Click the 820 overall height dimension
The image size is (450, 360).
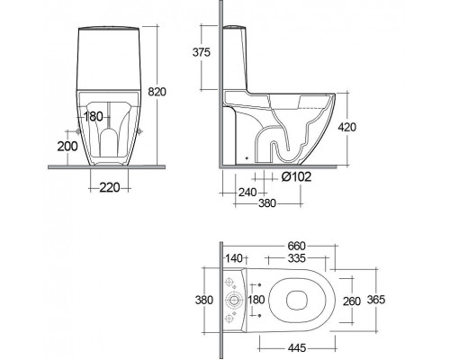tap(157, 92)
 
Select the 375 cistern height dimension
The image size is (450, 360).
tap(202, 52)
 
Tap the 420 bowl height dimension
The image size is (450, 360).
tap(347, 127)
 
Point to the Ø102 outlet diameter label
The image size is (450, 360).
tap(296, 177)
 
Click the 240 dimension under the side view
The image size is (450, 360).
tap(247, 192)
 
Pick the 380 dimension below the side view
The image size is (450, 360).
tap(267, 203)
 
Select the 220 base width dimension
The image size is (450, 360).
tap(110, 188)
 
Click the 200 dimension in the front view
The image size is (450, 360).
tap(67, 147)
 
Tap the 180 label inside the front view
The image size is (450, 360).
tap(94, 116)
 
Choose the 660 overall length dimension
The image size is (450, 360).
tap(296, 246)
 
